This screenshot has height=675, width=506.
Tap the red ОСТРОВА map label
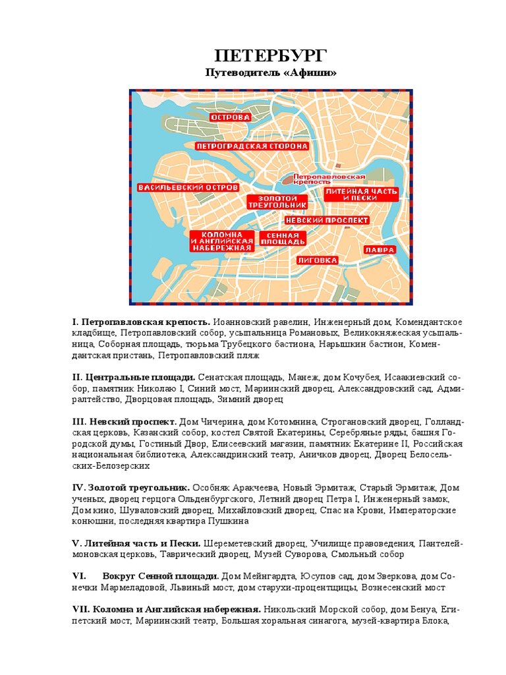pos(231,117)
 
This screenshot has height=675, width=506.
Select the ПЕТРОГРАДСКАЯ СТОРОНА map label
pos(252,145)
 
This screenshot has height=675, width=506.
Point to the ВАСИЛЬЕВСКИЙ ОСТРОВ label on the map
pos(187,188)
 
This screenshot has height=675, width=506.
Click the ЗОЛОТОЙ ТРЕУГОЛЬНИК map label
pos(269,202)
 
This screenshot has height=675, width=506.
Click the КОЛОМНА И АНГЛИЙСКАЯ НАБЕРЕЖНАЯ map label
pos(222,241)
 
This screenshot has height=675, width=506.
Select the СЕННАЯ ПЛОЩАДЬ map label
pos(280,239)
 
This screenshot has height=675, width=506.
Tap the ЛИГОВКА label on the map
pos(318,260)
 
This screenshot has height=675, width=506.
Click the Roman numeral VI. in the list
pos(79,575)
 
